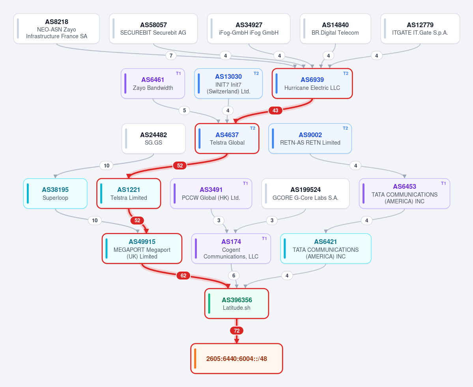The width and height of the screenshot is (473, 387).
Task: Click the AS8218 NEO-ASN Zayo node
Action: point(56,29)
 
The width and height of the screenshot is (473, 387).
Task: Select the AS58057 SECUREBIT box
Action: point(153,29)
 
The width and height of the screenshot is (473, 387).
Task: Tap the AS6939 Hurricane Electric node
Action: point(312,84)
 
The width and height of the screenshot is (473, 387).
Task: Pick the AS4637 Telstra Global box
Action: point(227,139)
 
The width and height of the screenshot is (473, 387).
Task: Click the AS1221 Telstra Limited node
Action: point(129,193)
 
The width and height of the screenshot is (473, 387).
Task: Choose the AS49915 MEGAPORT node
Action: point(142,249)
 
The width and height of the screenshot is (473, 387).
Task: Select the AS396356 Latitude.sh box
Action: point(237,303)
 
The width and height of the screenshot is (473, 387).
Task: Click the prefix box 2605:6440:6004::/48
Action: point(237,359)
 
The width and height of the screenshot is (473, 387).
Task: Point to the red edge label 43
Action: point(275,111)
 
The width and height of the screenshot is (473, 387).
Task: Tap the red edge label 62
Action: point(183,275)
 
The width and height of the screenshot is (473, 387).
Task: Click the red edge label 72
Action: point(237,331)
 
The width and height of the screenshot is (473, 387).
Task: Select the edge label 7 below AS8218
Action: point(171,56)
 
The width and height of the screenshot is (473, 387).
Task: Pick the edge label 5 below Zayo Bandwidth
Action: point(184,111)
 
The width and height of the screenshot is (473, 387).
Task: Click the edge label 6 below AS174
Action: point(234,275)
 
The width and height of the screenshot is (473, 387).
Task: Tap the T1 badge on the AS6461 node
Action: point(179,74)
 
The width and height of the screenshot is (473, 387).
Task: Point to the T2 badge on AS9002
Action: point(346,128)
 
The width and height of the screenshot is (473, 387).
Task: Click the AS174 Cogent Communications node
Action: point(231,249)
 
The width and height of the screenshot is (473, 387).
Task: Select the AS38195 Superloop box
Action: point(55,193)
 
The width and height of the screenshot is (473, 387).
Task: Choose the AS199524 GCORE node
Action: point(306,193)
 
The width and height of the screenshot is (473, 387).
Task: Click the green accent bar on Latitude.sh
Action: point(209,303)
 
